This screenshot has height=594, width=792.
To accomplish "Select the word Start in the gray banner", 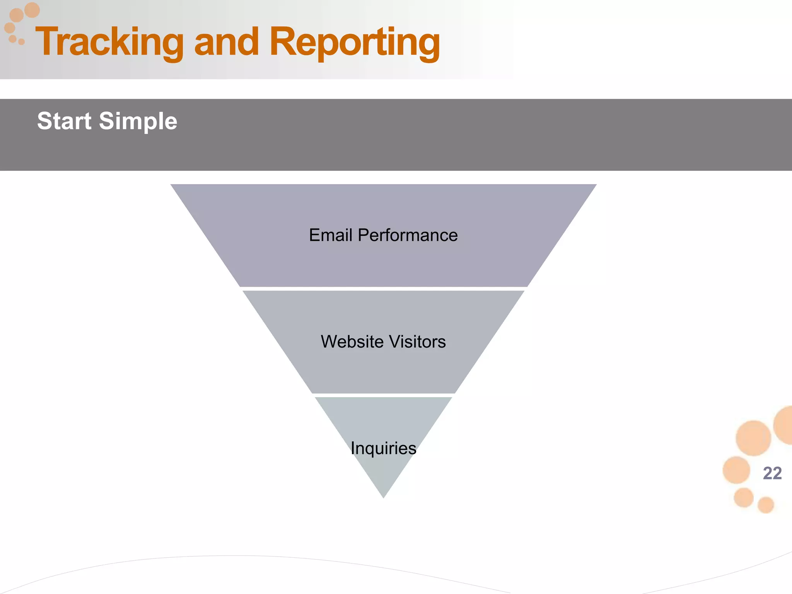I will pyautogui.click(x=64, y=121).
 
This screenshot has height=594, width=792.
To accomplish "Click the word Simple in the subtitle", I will pyautogui.click(x=138, y=122).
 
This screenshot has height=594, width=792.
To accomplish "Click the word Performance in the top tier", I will pyautogui.click(x=408, y=235).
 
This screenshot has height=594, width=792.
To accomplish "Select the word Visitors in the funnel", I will pyautogui.click(x=417, y=342).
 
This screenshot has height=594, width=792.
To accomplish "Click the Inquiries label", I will pyautogui.click(x=383, y=448).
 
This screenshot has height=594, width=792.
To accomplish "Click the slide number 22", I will pyautogui.click(x=772, y=473).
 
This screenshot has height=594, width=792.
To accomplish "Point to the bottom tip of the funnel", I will pyautogui.click(x=383, y=497).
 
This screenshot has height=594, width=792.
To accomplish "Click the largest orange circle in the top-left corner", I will pyautogui.click(x=32, y=10).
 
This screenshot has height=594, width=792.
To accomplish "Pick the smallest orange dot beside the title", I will pyautogui.click(x=22, y=42).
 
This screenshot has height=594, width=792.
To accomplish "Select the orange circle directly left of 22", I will pyautogui.click(x=736, y=470).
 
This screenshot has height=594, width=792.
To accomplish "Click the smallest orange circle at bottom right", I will pyautogui.click(x=765, y=505).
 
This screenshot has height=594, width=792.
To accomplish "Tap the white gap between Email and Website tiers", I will pyautogui.click(x=383, y=289).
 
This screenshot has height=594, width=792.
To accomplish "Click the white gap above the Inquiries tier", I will pyautogui.click(x=383, y=395).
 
